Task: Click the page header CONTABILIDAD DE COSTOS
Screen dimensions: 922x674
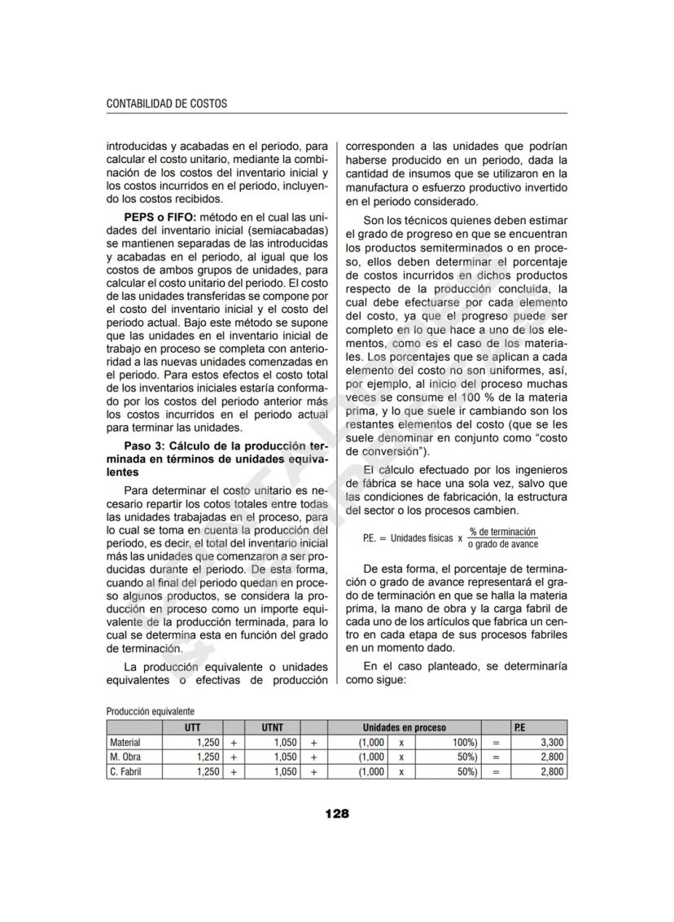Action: point(167,103)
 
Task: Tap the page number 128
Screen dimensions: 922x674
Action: point(336,813)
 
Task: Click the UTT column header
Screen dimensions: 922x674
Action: point(192,727)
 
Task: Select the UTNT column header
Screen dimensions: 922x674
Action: point(273,727)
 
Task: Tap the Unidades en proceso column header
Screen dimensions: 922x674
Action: point(404,727)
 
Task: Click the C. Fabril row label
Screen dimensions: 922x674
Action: point(125,771)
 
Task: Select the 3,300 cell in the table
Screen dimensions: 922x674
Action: point(551,742)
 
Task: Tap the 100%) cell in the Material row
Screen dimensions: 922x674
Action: point(463,742)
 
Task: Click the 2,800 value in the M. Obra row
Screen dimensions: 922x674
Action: point(551,757)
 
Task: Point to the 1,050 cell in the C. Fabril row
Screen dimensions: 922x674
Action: point(285,771)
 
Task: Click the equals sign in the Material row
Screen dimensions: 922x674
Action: point(495,742)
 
